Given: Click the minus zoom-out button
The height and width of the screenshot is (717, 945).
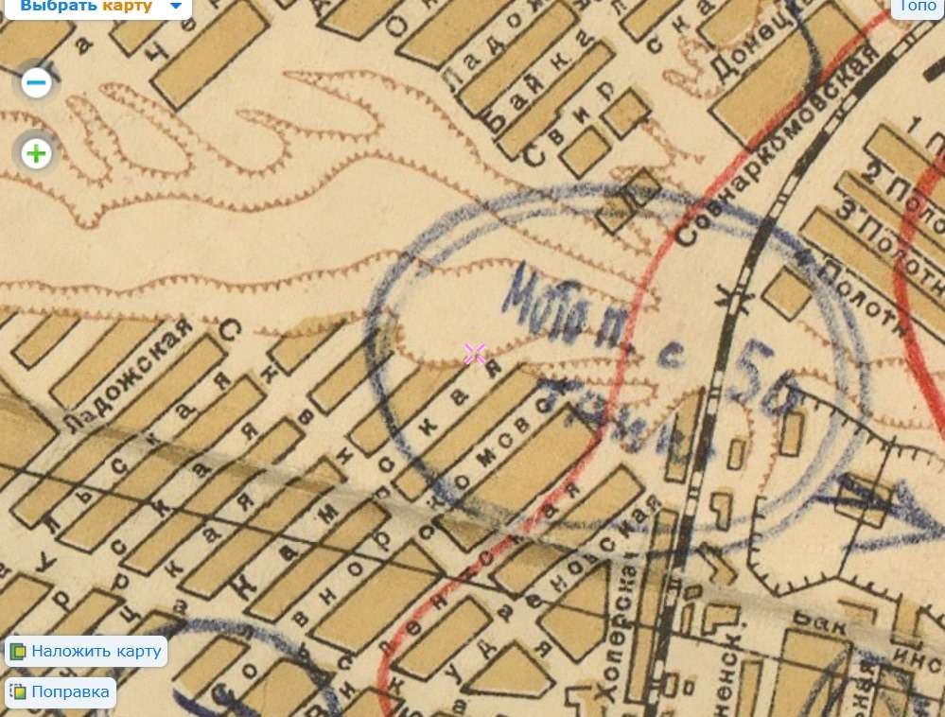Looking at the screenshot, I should coord(36,83).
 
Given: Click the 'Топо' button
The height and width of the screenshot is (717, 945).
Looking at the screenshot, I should coord(918,7).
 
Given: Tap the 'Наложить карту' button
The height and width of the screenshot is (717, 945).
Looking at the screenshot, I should coord(87,652).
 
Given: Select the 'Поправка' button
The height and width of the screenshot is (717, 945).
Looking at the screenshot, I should coord(61,691).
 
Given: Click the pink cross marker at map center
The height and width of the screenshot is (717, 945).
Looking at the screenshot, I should coord(474,354).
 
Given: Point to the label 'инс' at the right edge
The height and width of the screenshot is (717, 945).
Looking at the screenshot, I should coord(922,652).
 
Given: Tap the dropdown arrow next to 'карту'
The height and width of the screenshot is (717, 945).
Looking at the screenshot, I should coord(176,7).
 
